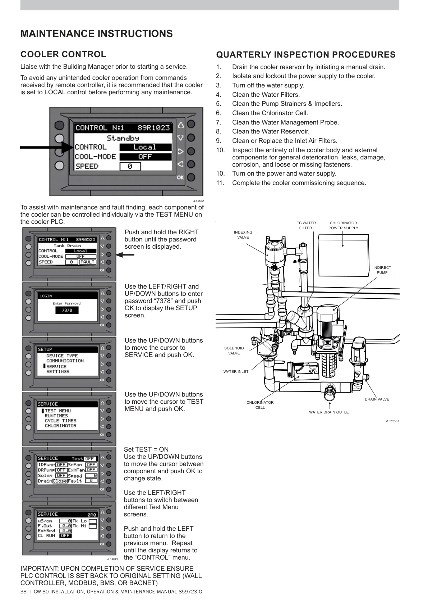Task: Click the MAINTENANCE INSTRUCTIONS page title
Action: pyautogui.click(x=96, y=34)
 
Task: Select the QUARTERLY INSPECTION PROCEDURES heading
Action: pyautogui.click(x=305, y=55)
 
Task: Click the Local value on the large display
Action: pyautogui.click(x=145, y=147)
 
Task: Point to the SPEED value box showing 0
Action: pyautogui.click(x=130, y=166)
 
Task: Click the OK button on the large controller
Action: pyautogui.click(x=191, y=177)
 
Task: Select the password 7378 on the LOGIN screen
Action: pyautogui.click(x=67, y=310)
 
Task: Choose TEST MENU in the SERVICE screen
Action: pyautogui.click(x=57, y=411)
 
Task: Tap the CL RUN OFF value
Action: pyautogui.click(x=65, y=535)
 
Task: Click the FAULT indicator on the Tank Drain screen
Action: pyautogui.click(x=88, y=262)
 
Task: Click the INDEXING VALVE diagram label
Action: pyautogui.click(x=243, y=235)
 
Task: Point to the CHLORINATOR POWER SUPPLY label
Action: pyautogui.click(x=343, y=225)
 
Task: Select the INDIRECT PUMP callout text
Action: pyautogui.click(x=382, y=270)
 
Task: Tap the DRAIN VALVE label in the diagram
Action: pyautogui.click(x=377, y=399)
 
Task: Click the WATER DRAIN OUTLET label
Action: pyautogui.click(x=330, y=412)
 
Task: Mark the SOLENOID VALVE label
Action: pyautogui.click(x=234, y=351)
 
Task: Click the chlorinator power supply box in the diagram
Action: pyautogui.click(x=343, y=255)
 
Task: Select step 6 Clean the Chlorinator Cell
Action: pyautogui.click(x=270, y=113)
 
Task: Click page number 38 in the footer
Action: pyautogui.click(x=24, y=592)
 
